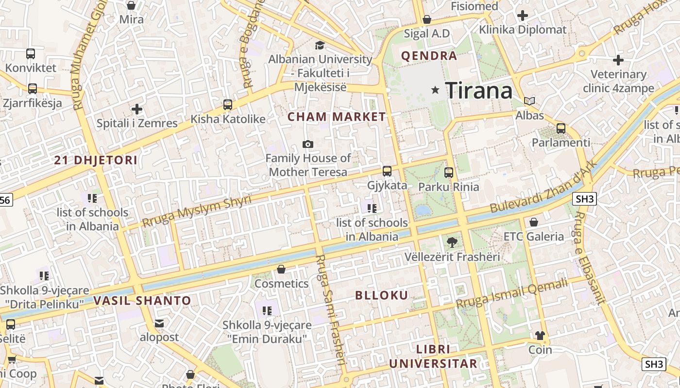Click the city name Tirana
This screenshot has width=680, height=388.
click(479, 91)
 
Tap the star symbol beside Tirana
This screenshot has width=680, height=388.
click(435, 90)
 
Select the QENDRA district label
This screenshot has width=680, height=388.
click(429, 56)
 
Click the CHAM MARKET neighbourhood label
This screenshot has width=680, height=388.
click(337, 117)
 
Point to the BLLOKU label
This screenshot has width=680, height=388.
click(382, 295)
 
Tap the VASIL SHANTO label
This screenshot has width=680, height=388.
click(142, 301)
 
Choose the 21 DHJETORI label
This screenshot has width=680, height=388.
click(96, 160)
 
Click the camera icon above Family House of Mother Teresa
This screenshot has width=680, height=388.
click(307, 144)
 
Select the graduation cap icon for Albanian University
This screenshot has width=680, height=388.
click(320, 46)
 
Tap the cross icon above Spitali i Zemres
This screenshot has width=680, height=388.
click(137, 109)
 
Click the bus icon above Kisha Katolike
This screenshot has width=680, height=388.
click(227, 104)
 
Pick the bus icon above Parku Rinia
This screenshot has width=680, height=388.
click(449, 172)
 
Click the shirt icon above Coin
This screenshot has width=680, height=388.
click(540, 335)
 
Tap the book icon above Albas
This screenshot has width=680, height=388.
click(529, 101)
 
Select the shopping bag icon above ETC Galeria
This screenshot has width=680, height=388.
click(534, 222)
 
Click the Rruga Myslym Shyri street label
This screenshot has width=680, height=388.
click(197, 211)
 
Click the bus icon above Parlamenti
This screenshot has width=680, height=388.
click(561, 129)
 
